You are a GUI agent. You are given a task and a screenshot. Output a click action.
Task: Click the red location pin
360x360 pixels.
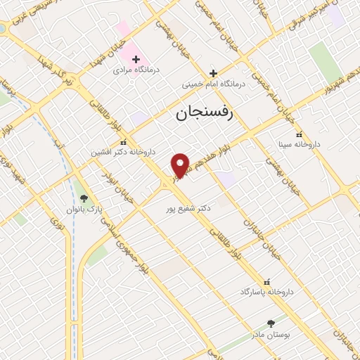[x=181, y=165]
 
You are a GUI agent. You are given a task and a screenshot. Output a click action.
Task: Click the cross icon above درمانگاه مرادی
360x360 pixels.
[x=136, y=59]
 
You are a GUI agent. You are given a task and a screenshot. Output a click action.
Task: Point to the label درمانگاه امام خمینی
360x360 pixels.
[x=214, y=84]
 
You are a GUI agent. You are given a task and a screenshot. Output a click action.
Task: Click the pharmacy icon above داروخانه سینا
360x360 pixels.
[x=299, y=134]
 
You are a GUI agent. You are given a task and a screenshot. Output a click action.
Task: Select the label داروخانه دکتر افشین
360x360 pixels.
[x=124, y=152]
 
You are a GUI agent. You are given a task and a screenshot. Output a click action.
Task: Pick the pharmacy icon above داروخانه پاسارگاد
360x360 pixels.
[x=266, y=281]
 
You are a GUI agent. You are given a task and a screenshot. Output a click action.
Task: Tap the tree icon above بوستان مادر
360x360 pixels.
[x=271, y=323]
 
